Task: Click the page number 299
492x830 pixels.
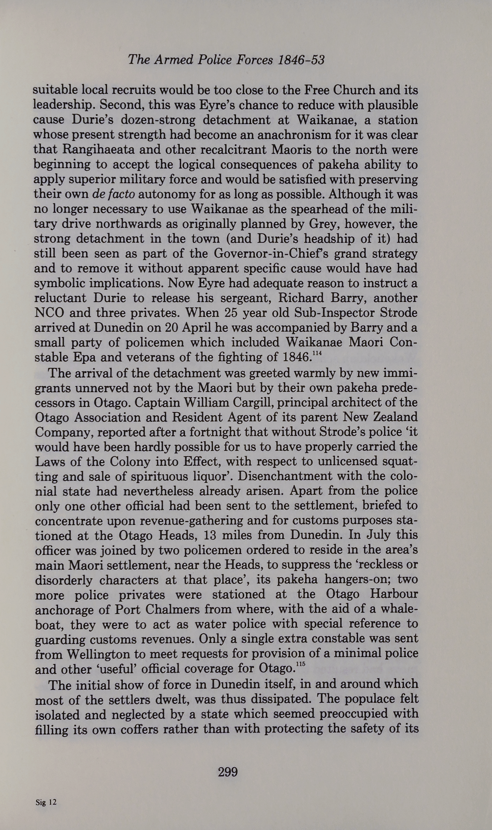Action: [228, 772]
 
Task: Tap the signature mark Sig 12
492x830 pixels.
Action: [46, 802]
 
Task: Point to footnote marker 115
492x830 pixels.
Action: [300, 664]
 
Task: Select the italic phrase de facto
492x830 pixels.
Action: [113, 194]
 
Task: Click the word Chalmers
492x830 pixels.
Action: [165, 609]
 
